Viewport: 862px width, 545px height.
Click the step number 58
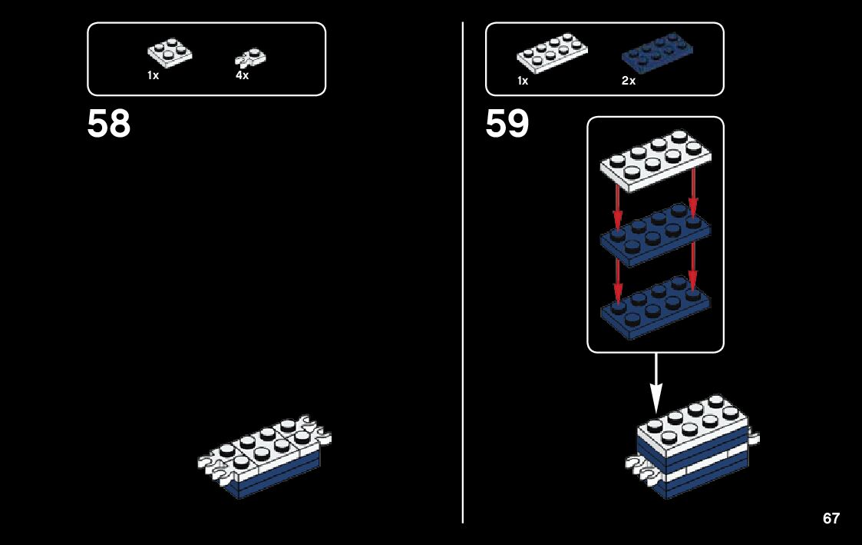click(x=109, y=125)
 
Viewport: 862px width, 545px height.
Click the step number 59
click(x=507, y=125)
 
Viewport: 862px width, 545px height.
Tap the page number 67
click(x=831, y=518)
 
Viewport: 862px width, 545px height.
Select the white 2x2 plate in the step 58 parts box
click(x=170, y=52)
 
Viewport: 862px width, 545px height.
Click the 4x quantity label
click(x=242, y=76)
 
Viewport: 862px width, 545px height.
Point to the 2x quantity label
click(x=629, y=81)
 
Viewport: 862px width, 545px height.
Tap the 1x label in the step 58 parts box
click(x=154, y=76)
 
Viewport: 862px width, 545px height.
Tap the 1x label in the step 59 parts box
click(x=523, y=81)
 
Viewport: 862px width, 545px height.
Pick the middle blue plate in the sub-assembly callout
click(x=655, y=234)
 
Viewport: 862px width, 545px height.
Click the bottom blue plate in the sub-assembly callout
click(x=655, y=307)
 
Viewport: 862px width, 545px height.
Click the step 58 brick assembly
click(x=266, y=458)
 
